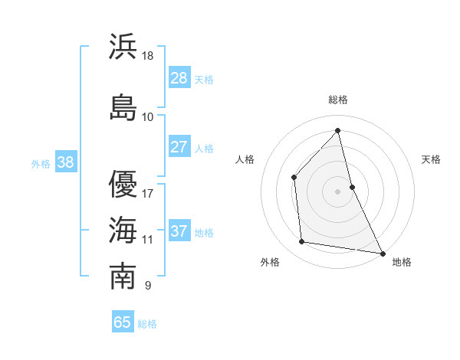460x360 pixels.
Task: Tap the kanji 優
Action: (123, 183)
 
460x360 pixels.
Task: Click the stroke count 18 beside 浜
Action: (148, 56)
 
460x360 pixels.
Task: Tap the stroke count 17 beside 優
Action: (148, 194)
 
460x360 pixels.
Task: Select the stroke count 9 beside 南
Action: (147, 286)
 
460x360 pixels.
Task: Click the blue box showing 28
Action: (179, 78)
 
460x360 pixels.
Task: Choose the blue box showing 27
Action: (179, 147)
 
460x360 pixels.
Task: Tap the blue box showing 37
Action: (179, 231)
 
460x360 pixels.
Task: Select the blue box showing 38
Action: (65, 162)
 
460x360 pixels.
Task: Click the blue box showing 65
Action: (123, 322)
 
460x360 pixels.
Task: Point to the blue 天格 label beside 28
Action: (204, 80)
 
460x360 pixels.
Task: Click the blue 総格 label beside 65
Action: (147, 324)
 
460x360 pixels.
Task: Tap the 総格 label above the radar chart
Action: (338, 100)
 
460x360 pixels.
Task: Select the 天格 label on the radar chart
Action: (431, 159)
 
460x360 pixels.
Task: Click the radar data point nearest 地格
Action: (382, 253)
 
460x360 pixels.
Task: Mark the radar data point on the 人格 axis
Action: (294, 178)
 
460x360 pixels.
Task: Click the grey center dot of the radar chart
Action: (338, 191)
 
